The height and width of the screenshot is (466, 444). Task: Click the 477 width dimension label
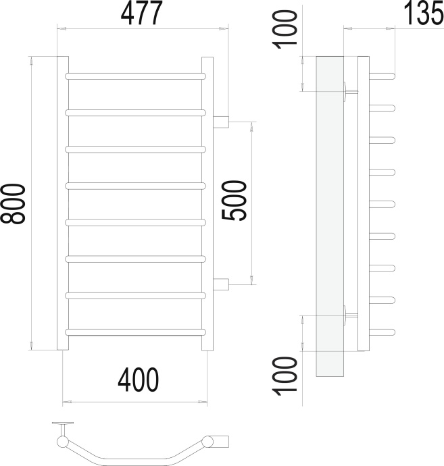click(141, 13)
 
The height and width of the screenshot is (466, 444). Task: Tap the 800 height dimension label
click(13, 203)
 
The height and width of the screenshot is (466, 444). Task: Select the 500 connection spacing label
click(235, 201)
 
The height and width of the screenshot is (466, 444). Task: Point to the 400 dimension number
click(139, 380)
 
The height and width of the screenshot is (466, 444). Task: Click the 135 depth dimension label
click(424, 13)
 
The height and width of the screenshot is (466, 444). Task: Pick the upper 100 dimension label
click(285, 29)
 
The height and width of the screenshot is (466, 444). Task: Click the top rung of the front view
click(135, 76)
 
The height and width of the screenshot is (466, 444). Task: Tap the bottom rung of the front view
click(135, 332)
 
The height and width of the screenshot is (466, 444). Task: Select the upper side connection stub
click(221, 122)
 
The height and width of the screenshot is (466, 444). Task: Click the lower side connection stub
click(221, 284)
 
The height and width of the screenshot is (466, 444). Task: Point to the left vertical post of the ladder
click(63, 203)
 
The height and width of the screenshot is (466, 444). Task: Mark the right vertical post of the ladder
click(207, 203)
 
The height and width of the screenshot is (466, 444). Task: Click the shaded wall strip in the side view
click(330, 216)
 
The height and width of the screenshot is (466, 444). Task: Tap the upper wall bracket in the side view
click(351, 92)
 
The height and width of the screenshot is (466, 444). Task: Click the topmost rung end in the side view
click(382, 76)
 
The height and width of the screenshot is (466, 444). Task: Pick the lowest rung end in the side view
click(382, 332)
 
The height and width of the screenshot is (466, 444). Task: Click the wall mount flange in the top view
click(63, 423)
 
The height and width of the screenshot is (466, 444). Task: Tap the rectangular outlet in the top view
click(221, 441)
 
